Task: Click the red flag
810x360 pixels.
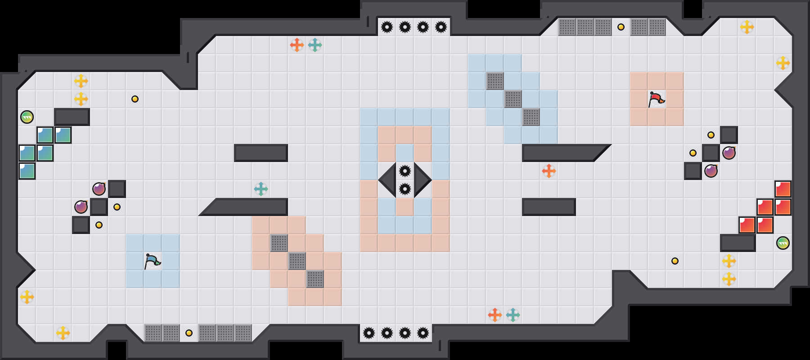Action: [x=656, y=99]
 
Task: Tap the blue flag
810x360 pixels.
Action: [x=152, y=261]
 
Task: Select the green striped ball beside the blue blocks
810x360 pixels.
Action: [x=27, y=117]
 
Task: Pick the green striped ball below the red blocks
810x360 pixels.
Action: [x=783, y=243]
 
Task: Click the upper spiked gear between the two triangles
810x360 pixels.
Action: [x=405, y=171]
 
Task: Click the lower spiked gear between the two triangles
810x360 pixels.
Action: [x=405, y=189]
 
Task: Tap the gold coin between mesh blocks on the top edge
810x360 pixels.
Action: [x=621, y=27]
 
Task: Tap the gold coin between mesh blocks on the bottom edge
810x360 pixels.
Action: [x=189, y=333]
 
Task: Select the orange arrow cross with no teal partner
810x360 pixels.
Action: [x=549, y=171]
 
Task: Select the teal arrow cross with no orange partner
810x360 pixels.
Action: [x=261, y=189]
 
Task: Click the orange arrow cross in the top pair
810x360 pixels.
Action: [x=297, y=45]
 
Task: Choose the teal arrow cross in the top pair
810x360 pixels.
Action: [x=315, y=45]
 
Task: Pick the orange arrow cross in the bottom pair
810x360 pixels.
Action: [x=495, y=315]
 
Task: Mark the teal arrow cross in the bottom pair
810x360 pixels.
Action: [x=513, y=315]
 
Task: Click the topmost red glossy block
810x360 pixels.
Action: [x=783, y=189]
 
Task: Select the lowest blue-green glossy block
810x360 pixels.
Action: [x=27, y=171]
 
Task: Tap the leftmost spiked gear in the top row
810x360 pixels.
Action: [x=387, y=27]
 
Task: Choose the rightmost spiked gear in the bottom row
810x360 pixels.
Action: [x=423, y=333]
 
